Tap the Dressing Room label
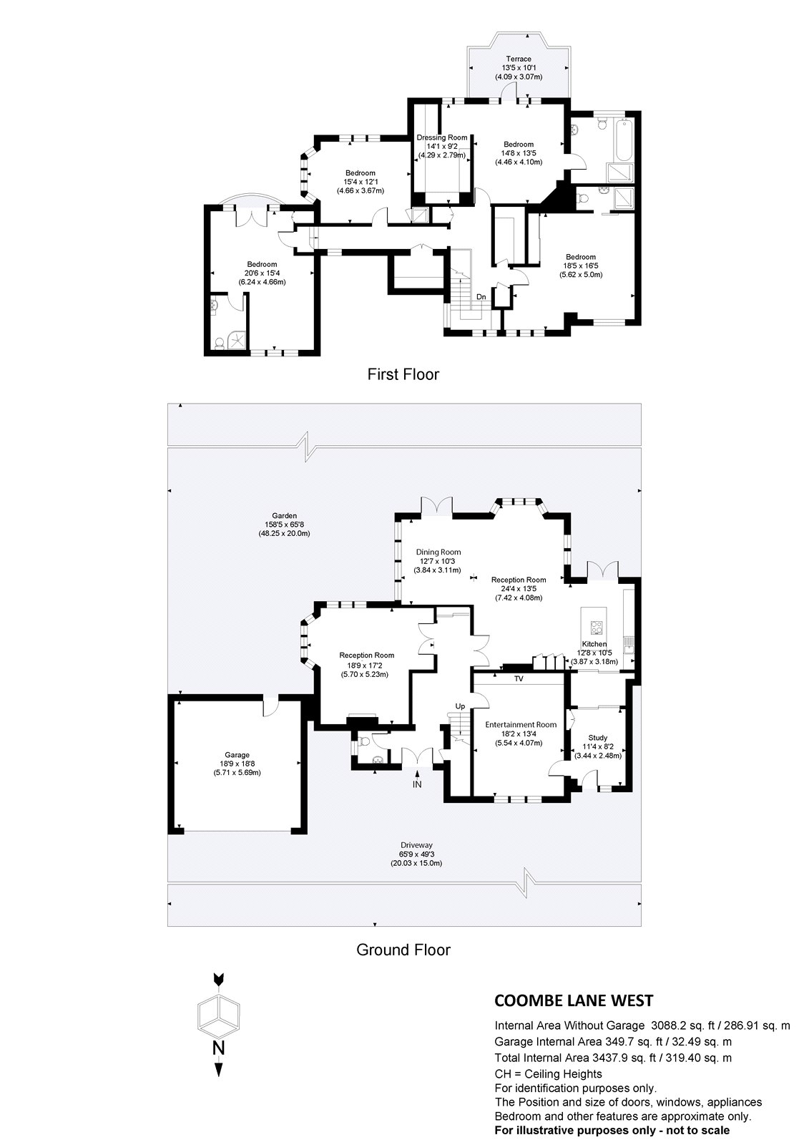[442, 137]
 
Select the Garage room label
[237, 755]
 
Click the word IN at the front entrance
[417, 785]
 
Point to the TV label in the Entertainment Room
[519, 678]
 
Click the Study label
[598, 738]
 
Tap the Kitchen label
[594, 645]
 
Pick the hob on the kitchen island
[595, 627]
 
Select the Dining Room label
[438, 552]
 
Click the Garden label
[283, 515]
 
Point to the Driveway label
[416, 845]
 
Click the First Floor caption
[403, 374]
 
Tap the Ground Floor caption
[403, 950]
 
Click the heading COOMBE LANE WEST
[574, 1000]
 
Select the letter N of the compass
[219, 1049]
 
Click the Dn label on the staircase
[481, 296]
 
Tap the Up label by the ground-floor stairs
[461, 706]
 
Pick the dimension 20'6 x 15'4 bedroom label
[263, 273]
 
